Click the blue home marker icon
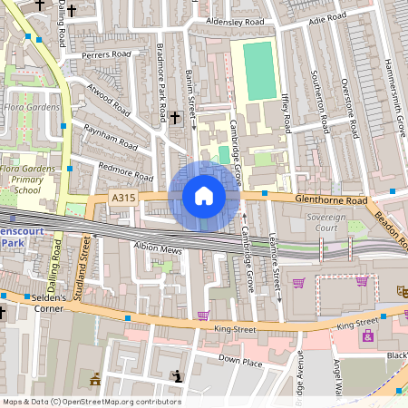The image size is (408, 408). [203, 196]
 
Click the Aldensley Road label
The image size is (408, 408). [235, 21]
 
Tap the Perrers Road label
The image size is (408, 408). [105, 55]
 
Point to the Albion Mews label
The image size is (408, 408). [159, 248]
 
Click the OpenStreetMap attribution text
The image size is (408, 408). [91, 402]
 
